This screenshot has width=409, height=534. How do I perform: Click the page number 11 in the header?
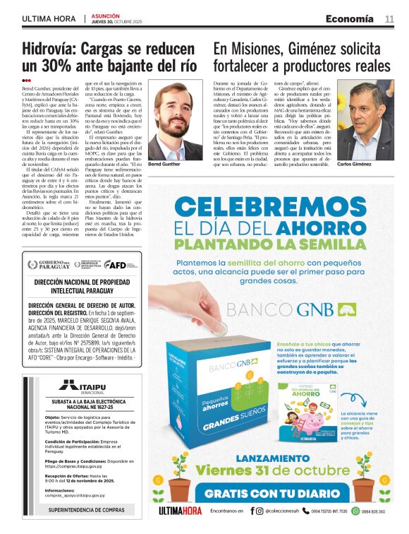pyautogui.click(x=389, y=19)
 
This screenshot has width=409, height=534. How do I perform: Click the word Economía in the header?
pyautogui.click(x=350, y=19)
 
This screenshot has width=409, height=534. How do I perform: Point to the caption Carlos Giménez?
pyautogui.click(x=374, y=164)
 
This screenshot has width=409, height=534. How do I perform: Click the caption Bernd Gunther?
pyautogui.click(x=166, y=164)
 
